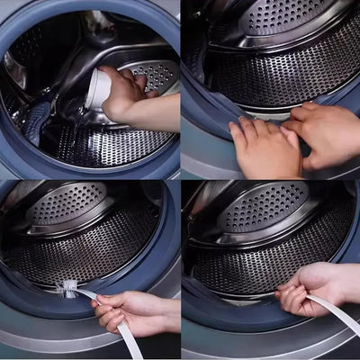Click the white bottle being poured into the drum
click(100, 90)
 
